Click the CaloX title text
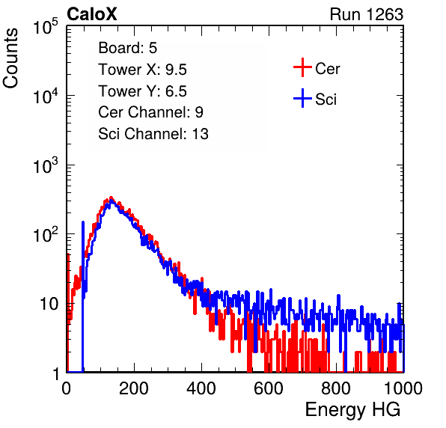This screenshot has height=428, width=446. click(92, 14)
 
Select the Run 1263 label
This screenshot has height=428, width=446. click(367, 14)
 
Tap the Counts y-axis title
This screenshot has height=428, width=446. click(10, 58)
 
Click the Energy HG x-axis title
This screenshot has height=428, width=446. click(352, 410)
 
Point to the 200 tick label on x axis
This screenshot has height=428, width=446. click(134, 388)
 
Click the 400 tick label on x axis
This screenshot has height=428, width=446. click(201, 388)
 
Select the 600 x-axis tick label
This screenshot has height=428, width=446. click(269, 388)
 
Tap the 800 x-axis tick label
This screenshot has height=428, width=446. click(336, 388)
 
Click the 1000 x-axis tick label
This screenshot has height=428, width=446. click(403, 388)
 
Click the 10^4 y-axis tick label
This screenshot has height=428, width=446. click(46, 96)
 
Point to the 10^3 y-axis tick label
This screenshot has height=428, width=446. click(46, 165)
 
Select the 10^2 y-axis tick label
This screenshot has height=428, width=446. click(46, 234)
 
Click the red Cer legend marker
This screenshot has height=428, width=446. click(302, 67)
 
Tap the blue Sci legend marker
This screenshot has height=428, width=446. click(302, 98)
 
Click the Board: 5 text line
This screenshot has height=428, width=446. click(128, 48)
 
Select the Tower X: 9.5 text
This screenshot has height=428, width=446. click(142, 70)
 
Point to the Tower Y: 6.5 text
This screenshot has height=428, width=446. click(142, 91)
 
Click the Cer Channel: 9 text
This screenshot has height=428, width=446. click(150, 112)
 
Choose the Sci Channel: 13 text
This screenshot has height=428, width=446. click(153, 134)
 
